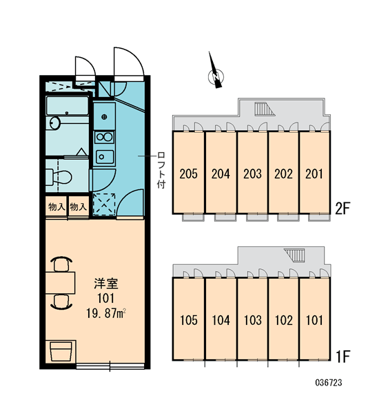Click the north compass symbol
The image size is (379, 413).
[x=216, y=76]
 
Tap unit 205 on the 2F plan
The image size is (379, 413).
[x=188, y=173]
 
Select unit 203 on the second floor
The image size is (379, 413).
[x=252, y=173]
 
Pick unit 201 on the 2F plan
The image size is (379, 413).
[x=314, y=173]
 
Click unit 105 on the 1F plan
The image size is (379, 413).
[x=188, y=319]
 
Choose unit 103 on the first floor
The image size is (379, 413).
[x=252, y=319]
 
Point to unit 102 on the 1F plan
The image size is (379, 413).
[x=283, y=319]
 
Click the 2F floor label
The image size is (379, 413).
[x=342, y=209]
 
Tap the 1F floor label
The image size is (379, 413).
[x=342, y=357]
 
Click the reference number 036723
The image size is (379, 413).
[x=329, y=383]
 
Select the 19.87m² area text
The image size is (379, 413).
[x=105, y=313]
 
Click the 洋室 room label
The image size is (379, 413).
[x=106, y=284]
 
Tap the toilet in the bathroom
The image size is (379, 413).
[x=59, y=176]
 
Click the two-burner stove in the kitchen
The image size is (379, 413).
[x=105, y=137]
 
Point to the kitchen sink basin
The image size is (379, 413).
[x=105, y=157]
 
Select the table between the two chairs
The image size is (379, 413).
[x=60, y=283]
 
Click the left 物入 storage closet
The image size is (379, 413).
[x=57, y=206]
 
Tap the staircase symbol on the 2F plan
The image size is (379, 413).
[x=265, y=109]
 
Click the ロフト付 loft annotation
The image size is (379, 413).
[x=161, y=170]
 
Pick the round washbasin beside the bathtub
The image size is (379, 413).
[x=55, y=123]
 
